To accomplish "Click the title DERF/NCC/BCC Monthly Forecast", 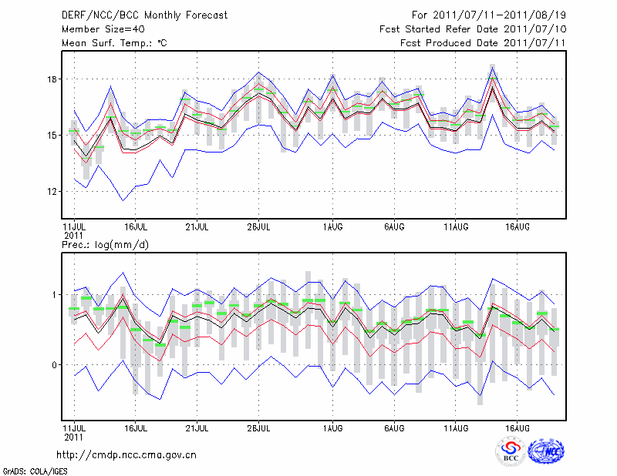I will (x=146, y=15).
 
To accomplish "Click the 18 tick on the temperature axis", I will (x=52, y=79).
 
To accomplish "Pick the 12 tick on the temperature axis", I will (x=52, y=191).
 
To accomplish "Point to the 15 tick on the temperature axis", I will (x=52, y=136).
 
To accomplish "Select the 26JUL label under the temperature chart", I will (x=258, y=226).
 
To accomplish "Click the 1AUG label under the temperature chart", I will (x=332, y=226).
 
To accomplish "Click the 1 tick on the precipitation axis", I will (x=55, y=295).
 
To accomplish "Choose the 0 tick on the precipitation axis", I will (x=55, y=364).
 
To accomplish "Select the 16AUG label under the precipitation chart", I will (x=517, y=427).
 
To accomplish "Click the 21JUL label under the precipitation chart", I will (x=197, y=427).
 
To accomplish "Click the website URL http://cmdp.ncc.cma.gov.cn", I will (x=126, y=454).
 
